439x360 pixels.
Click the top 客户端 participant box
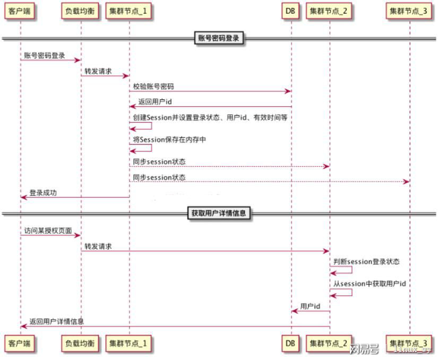tap(19, 11)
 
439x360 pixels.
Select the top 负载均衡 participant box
tap(80, 11)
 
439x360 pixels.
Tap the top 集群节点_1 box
tap(128, 11)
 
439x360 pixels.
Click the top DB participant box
tap(290, 11)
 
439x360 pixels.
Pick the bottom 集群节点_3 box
tap(409, 343)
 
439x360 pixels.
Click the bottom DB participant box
tap(290, 343)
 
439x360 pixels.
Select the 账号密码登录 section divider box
tap(219, 38)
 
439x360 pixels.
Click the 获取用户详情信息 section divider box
tap(219, 213)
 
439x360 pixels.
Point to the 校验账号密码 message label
tap(153, 87)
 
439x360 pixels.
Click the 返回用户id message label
tap(155, 102)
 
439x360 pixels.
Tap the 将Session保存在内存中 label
tap(169, 140)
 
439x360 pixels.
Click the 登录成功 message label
tap(43, 193)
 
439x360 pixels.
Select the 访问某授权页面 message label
tap(48, 230)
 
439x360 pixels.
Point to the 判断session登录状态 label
tap(366, 262)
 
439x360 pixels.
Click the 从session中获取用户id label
tap(369, 284)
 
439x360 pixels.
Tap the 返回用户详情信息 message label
tap(57, 321)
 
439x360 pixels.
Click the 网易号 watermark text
tap(364, 349)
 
